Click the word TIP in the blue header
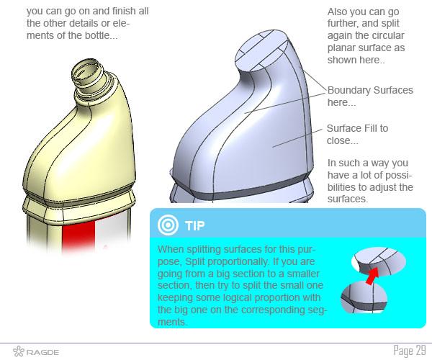tap(195, 225)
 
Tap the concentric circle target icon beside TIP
tap(168, 225)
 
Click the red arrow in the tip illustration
tap(372, 276)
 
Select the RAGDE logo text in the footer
tap(42, 352)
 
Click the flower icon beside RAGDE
tap(19, 351)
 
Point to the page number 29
tap(420, 351)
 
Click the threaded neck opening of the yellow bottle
tap(87, 71)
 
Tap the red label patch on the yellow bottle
tap(78, 235)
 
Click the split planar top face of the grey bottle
tap(262, 50)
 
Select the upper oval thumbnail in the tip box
tap(379, 261)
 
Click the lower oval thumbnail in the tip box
tap(364, 297)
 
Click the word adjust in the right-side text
tap(382, 187)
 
